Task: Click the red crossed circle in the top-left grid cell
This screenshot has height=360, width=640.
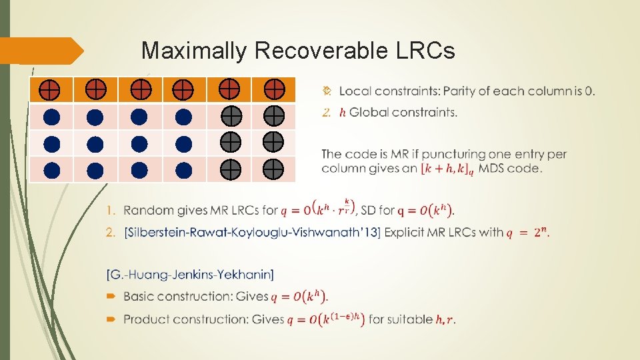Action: (x=51, y=89)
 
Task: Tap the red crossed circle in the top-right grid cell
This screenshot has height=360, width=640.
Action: (x=273, y=89)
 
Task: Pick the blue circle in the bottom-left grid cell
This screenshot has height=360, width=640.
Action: (x=51, y=170)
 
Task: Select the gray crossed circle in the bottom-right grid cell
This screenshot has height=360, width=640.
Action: (x=273, y=170)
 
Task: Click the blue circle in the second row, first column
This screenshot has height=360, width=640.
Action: (x=51, y=117)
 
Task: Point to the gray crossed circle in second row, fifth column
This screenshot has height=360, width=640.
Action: (x=229, y=116)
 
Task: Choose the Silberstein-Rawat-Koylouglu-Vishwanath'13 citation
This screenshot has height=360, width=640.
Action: (x=252, y=233)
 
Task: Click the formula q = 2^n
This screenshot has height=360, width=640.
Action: (x=528, y=232)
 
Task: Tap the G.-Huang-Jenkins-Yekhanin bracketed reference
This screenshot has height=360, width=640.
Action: (x=189, y=275)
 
